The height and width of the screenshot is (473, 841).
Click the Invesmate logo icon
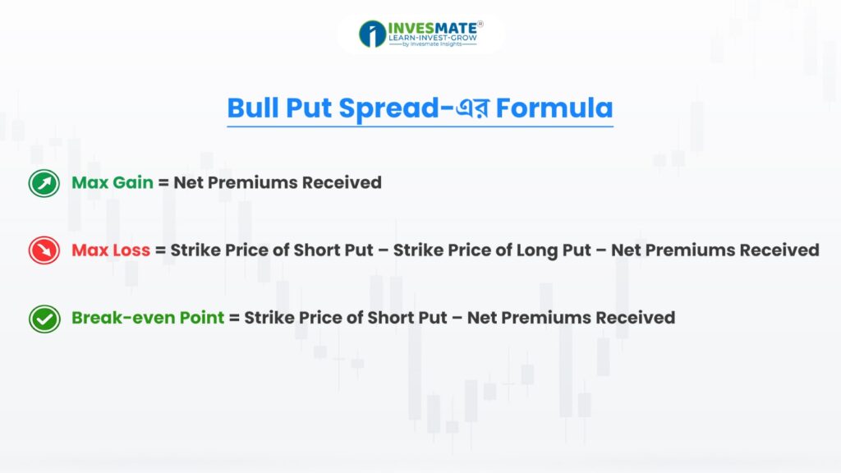point(372,34)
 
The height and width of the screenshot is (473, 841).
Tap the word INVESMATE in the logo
point(432,28)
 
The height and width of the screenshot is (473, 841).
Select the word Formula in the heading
point(554,108)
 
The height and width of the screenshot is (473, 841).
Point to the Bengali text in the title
point(472,108)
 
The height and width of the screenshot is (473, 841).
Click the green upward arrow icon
point(44,183)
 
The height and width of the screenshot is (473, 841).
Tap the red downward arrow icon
point(44,250)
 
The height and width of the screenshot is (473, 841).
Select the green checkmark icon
point(44,319)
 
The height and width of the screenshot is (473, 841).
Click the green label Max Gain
point(113,182)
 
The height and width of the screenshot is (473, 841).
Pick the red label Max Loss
point(111,250)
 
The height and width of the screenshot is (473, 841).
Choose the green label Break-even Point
point(148,318)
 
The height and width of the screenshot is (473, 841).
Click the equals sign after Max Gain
point(163,183)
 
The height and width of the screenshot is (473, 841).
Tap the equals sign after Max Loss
point(160,250)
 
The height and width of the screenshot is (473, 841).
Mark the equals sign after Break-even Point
point(234,318)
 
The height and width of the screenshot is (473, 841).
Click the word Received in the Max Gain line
point(342,182)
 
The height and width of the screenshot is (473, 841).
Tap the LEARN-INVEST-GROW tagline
point(432,38)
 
